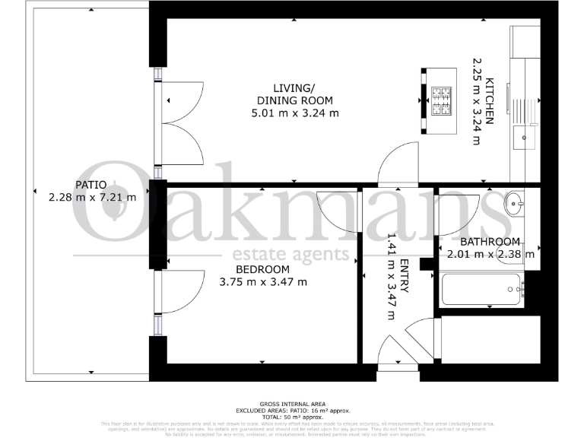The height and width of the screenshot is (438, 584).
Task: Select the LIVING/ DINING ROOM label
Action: pos(295,94)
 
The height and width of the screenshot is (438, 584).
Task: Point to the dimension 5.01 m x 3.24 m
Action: pos(295,113)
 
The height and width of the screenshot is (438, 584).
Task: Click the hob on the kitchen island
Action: pos(441,102)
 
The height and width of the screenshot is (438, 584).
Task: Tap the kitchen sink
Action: pos(524,138)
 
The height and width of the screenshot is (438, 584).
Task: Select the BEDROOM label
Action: pos(262,269)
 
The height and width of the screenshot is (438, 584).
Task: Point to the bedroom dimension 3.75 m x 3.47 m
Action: pos(262,282)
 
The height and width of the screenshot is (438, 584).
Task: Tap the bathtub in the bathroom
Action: pos(482,290)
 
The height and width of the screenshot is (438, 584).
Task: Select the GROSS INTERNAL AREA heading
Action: pos(292,405)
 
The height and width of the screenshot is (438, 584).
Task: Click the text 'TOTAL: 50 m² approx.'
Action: pos(292,417)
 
